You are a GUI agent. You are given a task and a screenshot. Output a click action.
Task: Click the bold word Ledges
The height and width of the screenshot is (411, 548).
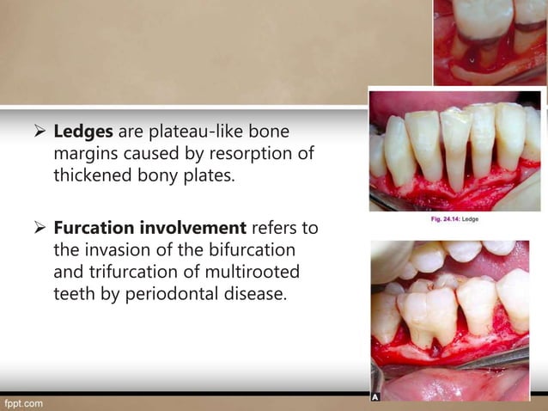click(81, 134)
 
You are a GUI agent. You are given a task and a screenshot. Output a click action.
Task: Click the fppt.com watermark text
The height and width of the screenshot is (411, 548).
click(23, 402)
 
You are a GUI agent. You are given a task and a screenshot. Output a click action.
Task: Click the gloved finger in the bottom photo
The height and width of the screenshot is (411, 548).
click(391, 258)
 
